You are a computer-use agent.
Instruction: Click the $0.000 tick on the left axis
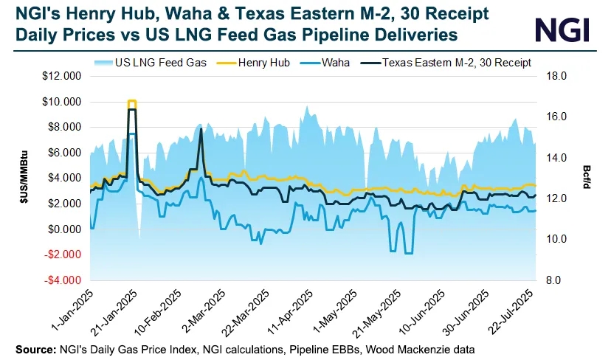coord(64,229)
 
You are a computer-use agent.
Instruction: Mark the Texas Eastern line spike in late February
coord(201,130)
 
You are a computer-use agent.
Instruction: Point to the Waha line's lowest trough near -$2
coord(408,253)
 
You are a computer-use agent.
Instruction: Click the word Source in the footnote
coord(33,347)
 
